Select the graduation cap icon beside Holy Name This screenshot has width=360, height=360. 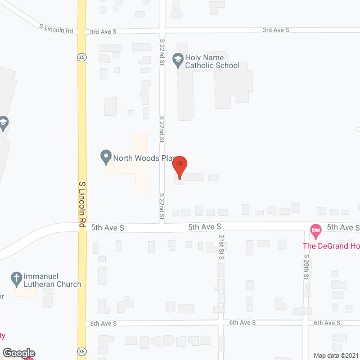[178, 58]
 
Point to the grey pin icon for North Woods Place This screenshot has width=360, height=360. [105, 157]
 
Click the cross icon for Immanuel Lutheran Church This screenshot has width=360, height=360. [17, 278]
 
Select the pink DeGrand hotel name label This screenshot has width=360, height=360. [331, 245]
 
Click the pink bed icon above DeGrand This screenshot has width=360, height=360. [316, 229]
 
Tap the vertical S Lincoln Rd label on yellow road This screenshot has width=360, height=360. [82, 204]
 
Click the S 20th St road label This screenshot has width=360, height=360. [307, 267]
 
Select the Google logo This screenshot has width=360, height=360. [19, 353]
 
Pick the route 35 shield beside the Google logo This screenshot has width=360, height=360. [82, 351]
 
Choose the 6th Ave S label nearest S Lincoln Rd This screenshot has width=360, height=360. [103, 323]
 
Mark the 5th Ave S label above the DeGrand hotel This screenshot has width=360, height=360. [343, 227]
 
